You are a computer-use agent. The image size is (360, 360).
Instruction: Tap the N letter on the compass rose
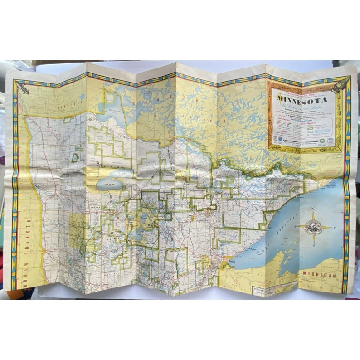pyautogui.click(x=313, y=209)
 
